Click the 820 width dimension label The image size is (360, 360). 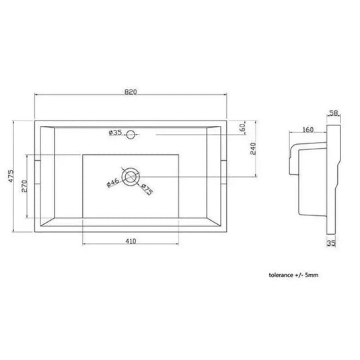(131, 92)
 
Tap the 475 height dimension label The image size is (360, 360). (11, 176)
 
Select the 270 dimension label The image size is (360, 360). (24, 186)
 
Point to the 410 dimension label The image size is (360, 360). (131, 241)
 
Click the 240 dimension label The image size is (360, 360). (253, 149)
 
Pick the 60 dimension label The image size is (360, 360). (242, 127)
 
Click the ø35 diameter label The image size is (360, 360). (115, 133)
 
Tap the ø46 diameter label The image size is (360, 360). (113, 183)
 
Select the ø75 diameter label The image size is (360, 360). (147, 189)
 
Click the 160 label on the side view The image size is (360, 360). (308, 130)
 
